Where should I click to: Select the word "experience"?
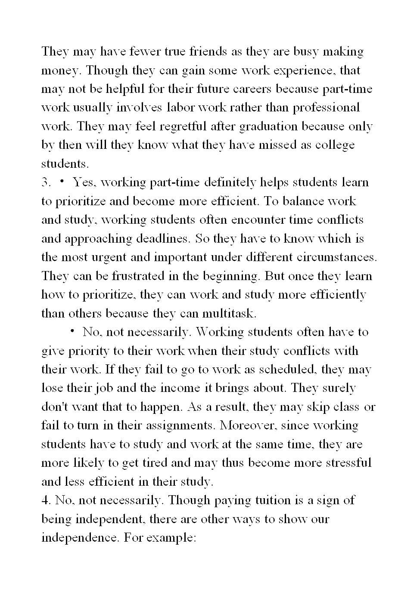pyautogui.click(x=306, y=71)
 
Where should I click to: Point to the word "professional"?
pyautogui.click(x=326, y=108)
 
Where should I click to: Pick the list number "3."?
pyautogui.click(x=46, y=182)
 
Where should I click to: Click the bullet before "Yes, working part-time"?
pyautogui.click(x=62, y=182)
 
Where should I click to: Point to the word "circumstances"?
pyautogui.click(x=336, y=257)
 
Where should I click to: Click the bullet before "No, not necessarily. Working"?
pyautogui.click(x=72, y=331)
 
